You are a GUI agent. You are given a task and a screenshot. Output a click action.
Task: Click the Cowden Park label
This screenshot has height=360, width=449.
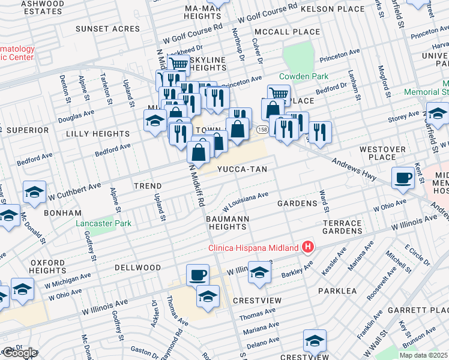[303, 76]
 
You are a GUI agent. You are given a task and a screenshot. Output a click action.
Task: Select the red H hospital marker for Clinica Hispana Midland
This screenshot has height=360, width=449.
[308, 247]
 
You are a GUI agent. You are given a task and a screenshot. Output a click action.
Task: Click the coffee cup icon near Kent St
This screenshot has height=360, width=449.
[403, 177]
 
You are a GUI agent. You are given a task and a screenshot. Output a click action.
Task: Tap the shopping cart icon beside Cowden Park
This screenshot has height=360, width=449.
[278, 94]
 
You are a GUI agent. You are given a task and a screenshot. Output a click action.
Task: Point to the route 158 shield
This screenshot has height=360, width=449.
[262, 130]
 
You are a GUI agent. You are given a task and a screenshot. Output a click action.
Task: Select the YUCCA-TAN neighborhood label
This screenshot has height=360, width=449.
[241, 169]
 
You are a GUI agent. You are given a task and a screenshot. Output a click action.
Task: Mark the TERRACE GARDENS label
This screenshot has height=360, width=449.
[342, 227]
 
